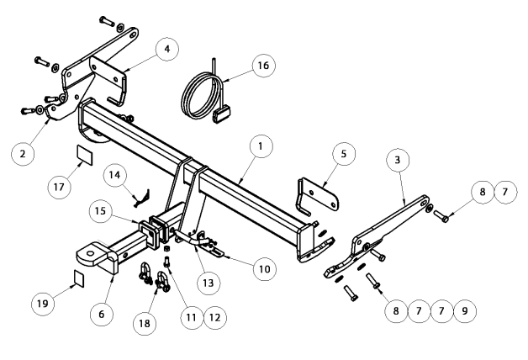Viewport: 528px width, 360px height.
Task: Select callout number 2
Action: [x=23, y=153]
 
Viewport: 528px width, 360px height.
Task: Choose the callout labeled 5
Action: [x=342, y=154]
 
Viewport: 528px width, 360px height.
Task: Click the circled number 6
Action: [x=102, y=313]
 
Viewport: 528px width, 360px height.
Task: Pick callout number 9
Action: [x=460, y=310]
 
